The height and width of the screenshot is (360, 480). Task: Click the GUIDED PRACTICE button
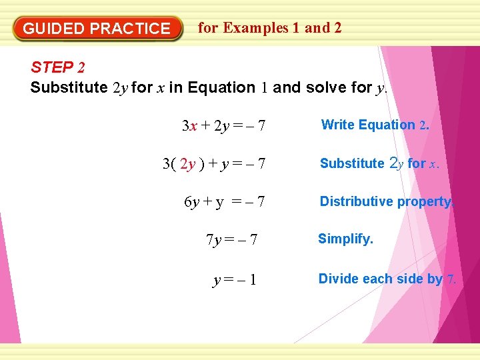pyautogui.click(x=97, y=29)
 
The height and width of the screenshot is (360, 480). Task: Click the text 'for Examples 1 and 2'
pyautogui.click(x=270, y=28)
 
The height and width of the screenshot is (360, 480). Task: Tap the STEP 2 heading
pyautogui.click(x=57, y=67)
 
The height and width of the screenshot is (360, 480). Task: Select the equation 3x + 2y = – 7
pyautogui.click(x=223, y=126)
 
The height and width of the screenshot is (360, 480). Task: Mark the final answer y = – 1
pyautogui.click(x=235, y=281)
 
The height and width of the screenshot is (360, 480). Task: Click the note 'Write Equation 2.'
pyautogui.click(x=375, y=125)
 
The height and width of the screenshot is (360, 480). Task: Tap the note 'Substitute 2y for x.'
pyautogui.click(x=379, y=163)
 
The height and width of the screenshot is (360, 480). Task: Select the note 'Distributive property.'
pyautogui.click(x=387, y=201)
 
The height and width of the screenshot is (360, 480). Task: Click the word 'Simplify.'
pyautogui.click(x=345, y=239)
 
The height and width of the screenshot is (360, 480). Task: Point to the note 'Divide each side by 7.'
pyautogui.click(x=387, y=279)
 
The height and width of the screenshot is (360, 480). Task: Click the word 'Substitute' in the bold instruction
pyautogui.click(x=69, y=87)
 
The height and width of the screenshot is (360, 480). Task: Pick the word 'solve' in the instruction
pyautogui.click(x=325, y=87)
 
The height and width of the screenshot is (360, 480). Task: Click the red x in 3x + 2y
pyautogui.click(x=193, y=126)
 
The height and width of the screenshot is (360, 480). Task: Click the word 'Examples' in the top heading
pyautogui.click(x=256, y=28)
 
